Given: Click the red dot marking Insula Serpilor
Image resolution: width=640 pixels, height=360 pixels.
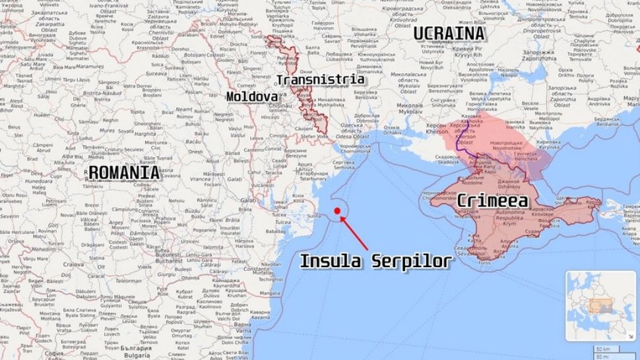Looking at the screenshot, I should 337,211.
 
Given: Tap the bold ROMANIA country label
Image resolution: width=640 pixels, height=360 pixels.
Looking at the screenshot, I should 124,173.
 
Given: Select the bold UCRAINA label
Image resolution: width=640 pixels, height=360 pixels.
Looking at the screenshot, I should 449,34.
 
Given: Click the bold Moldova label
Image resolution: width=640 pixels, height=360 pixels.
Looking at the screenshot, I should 252,97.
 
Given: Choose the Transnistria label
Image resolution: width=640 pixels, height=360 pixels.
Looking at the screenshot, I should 321,80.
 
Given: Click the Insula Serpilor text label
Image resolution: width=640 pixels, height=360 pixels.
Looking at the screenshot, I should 376,261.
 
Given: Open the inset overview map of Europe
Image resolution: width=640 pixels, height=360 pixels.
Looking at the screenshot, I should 601,306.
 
